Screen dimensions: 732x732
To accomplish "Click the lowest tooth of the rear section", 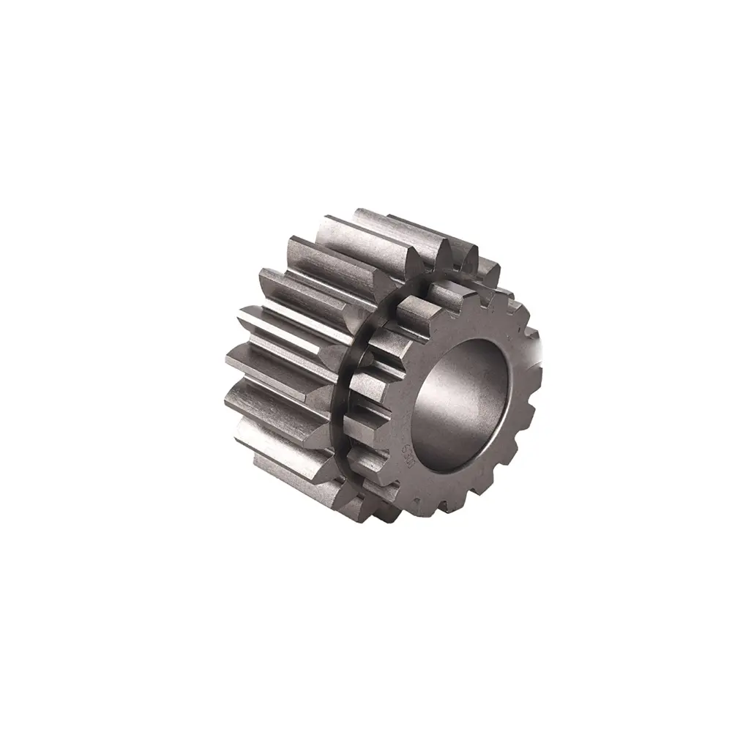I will pyautogui.click(x=293, y=468).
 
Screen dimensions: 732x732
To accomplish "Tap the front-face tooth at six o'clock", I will pyautogui.click(x=432, y=505).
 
